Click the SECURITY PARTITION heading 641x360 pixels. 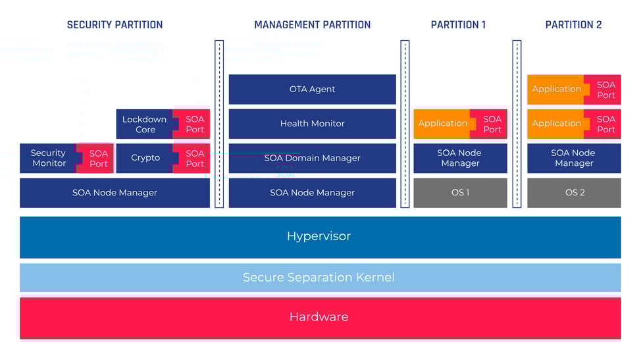click(x=115, y=25)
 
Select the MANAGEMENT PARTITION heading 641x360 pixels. click(x=312, y=25)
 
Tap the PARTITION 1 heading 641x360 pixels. click(x=458, y=25)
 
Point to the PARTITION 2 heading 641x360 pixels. click(x=573, y=25)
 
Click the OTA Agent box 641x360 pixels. click(x=312, y=90)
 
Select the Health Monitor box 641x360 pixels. click(x=312, y=124)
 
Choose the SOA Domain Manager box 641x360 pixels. click(x=312, y=158)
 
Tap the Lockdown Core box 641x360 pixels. click(x=145, y=124)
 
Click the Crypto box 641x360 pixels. click(x=145, y=158)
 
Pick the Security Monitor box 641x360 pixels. click(x=49, y=158)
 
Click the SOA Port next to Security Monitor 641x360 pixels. click(x=98, y=159)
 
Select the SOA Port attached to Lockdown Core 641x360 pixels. click(x=195, y=124)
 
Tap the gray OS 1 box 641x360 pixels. click(x=460, y=193)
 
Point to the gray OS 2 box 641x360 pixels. click(x=574, y=193)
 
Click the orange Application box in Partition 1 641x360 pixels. click(x=442, y=124)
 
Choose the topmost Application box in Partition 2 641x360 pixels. click(x=556, y=90)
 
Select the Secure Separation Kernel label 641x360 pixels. click(x=319, y=277)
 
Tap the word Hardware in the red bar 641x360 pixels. click(x=319, y=317)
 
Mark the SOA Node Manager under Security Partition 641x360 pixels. click(x=115, y=193)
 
